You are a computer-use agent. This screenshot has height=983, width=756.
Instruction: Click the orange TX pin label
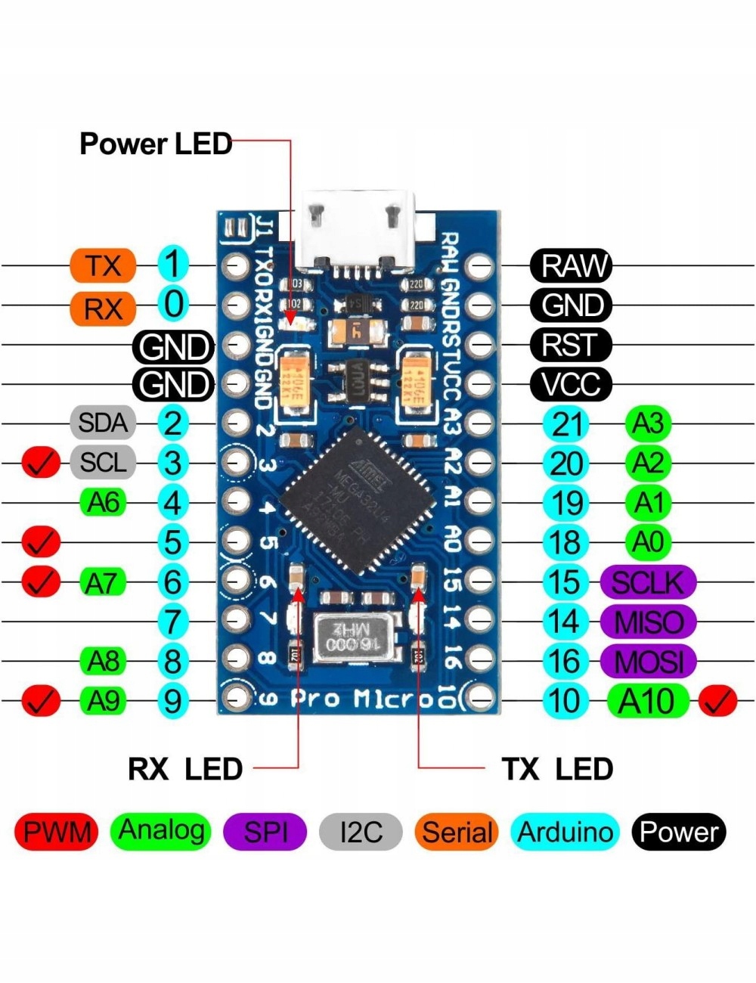coord(102,265)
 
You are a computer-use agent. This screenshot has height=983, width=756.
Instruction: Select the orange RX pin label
coord(102,308)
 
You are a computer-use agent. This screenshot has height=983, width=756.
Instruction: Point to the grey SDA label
coord(103,422)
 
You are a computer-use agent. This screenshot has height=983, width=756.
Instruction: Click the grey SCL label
coord(103,462)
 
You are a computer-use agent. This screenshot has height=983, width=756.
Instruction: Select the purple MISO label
coord(648,622)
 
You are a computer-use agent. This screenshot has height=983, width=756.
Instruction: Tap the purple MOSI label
coord(648,662)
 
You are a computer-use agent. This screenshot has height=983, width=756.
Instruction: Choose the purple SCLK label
coord(648,582)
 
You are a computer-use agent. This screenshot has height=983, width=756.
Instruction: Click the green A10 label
coord(648,701)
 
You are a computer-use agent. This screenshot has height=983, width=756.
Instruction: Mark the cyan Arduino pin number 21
coord(566,423)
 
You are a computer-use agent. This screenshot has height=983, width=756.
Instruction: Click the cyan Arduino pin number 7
coord(173,622)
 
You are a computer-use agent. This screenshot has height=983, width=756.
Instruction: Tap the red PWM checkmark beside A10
coord(717,701)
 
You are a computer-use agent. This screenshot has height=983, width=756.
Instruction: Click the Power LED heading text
coord(155,144)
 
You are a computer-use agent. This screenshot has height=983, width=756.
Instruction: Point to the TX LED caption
coord(556,769)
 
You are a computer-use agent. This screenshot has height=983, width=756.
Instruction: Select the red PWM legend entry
coord(57,832)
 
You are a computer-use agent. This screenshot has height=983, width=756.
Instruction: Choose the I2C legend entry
coord(361,832)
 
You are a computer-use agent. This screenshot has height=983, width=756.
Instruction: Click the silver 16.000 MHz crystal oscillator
coord(352,635)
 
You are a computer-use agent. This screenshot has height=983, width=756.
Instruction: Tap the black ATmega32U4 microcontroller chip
coord(357,499)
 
